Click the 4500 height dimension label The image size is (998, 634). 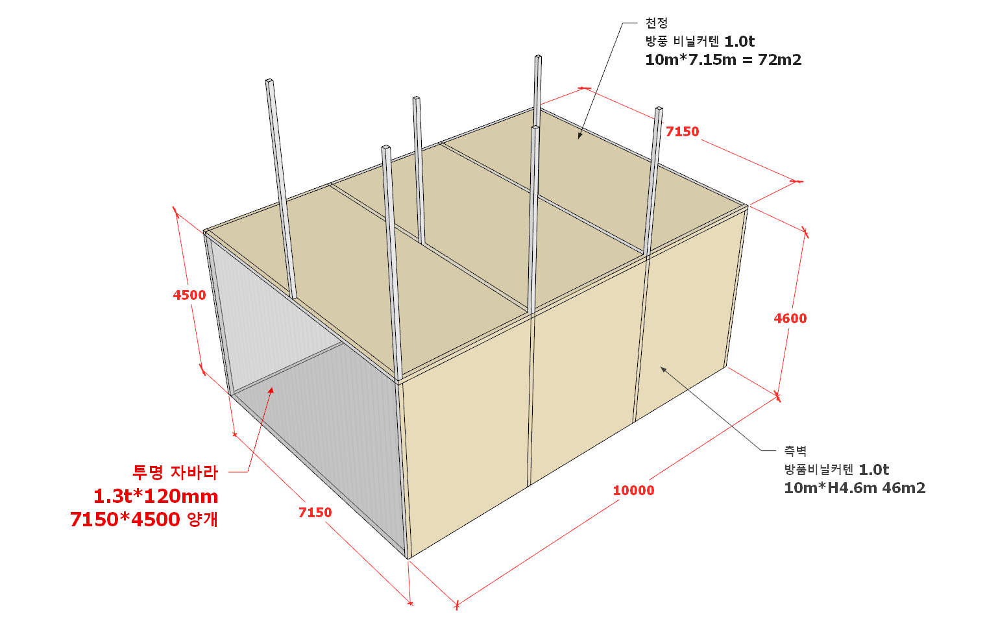coord(189,295)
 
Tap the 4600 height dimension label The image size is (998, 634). coord(790,319)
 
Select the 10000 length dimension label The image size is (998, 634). coord(633,491)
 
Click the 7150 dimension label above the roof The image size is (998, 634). coord(682,132)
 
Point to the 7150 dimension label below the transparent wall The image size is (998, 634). coord(315,513)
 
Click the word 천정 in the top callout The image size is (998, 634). coord(656,23)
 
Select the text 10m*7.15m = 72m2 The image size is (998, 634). coord(723,60)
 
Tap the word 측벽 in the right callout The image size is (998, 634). coord(796,452)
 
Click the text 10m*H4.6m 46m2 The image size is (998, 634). coord(855,488)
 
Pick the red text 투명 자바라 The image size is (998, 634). coord(175,472)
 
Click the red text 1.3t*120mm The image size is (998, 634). coord(156,496)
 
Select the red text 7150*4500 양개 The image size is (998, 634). coord(144,520)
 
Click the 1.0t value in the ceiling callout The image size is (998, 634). coord(739,42)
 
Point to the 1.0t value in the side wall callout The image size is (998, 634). coord(873,470)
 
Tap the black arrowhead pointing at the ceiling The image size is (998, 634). coord(579,136)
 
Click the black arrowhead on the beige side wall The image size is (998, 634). coord(663,369)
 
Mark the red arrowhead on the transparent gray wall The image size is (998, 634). coord(271,391)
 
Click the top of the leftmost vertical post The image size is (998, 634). coord(269,80)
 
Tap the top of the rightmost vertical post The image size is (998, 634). coord(659,109)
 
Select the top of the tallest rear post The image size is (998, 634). coord(538,56)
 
